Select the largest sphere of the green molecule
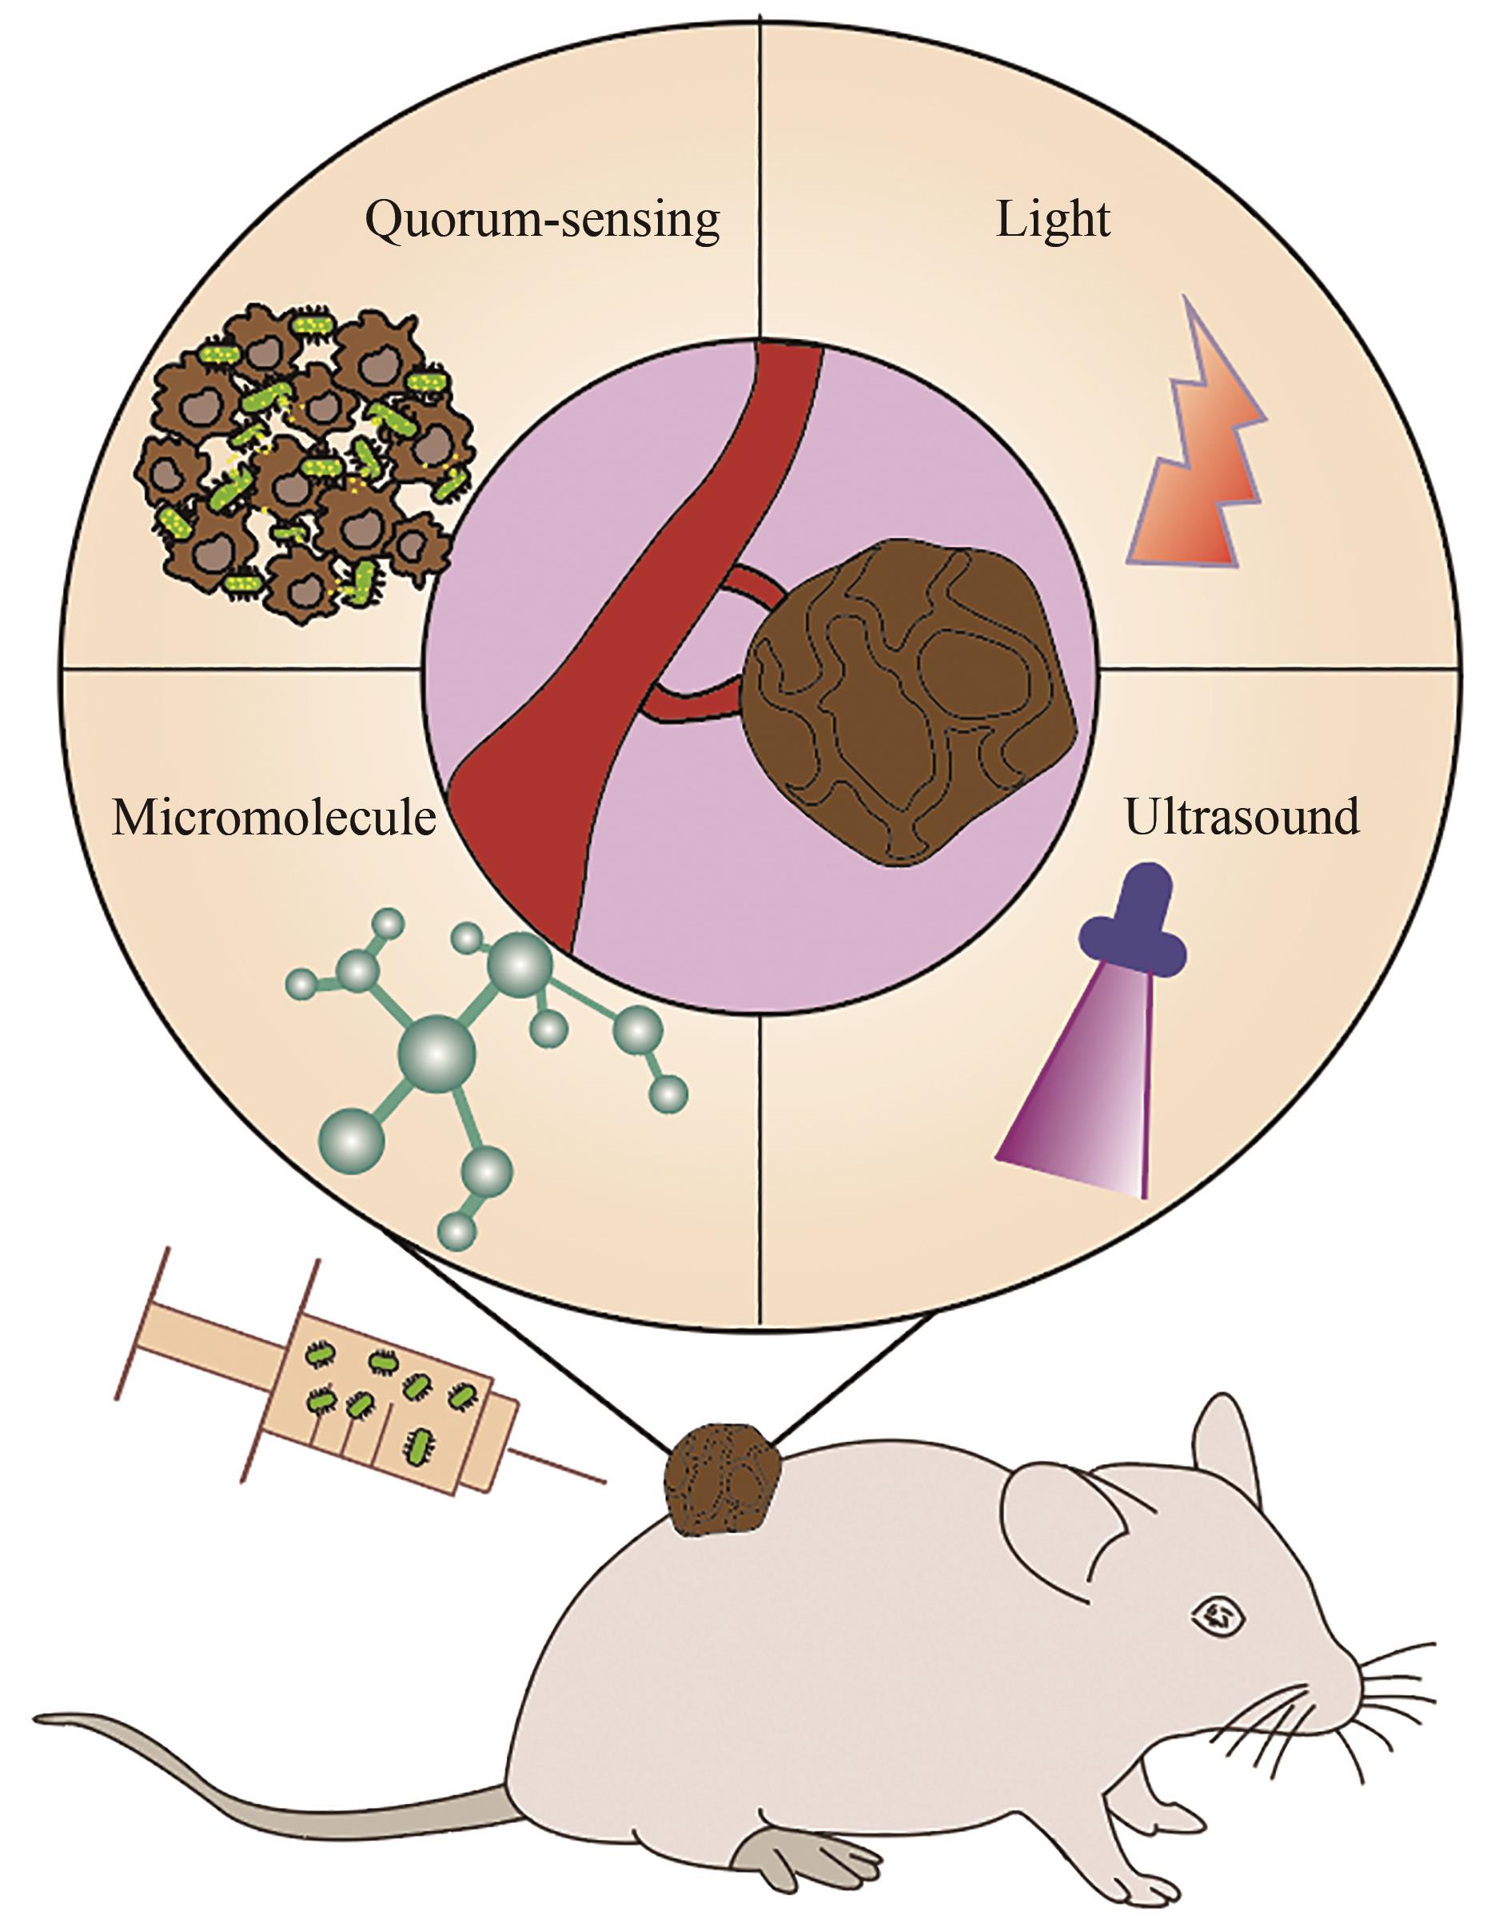point(437,1053)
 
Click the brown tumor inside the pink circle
point(911,699)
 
